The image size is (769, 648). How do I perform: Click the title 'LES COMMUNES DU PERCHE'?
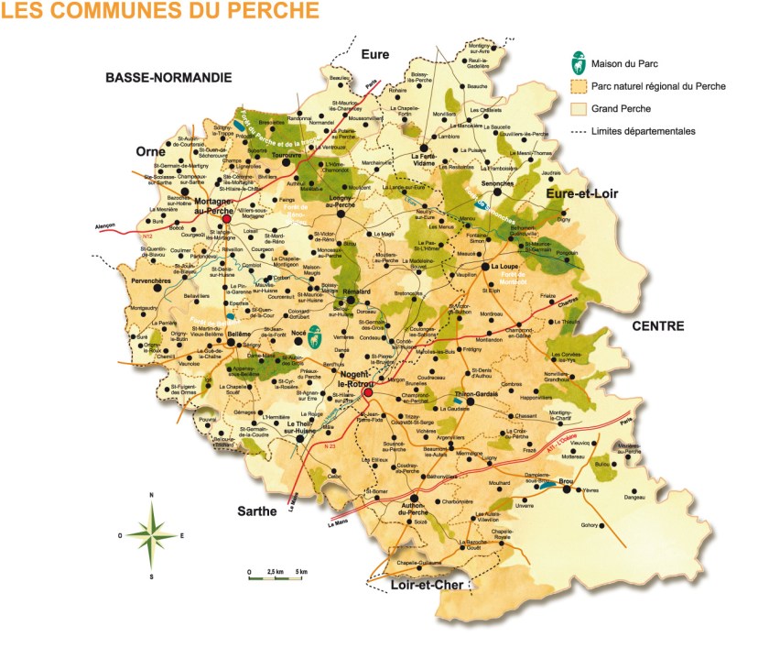point(161,12)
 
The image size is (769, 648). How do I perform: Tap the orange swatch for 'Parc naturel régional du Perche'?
point(578,86)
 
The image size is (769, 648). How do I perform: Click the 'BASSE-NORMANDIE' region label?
point(168,79)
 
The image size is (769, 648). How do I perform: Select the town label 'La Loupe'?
point(504,267)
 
